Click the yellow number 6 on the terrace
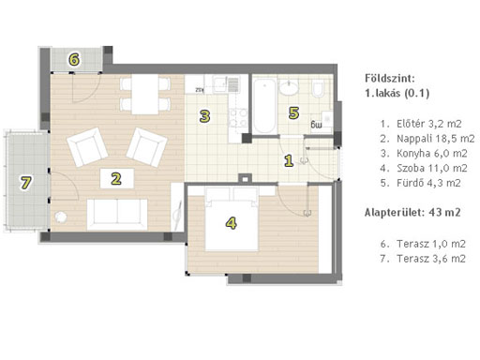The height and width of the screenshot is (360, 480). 74,59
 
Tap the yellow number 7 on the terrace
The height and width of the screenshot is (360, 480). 25,183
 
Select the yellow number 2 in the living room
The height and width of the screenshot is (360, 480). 116,179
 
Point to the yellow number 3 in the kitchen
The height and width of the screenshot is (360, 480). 204,116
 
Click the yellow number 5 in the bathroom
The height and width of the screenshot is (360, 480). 293,112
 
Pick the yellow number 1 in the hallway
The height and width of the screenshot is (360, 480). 289,160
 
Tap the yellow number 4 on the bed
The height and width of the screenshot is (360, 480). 232,223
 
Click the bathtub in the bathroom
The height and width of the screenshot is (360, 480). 264,105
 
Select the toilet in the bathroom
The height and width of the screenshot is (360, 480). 318,88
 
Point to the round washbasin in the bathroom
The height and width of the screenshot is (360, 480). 289,87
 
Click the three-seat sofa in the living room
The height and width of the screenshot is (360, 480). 117,215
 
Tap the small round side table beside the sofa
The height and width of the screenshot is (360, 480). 60,217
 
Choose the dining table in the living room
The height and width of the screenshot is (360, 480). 145,95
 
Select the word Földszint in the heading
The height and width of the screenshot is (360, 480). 390,78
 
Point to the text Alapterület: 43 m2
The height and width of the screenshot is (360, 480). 412,213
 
